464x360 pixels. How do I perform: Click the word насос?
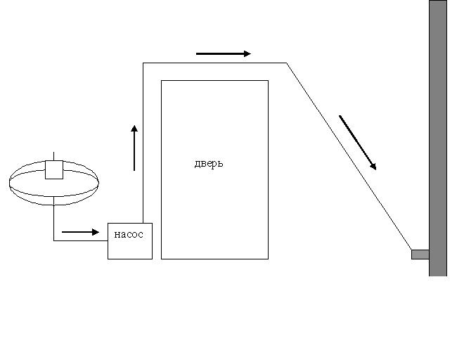point(129,234)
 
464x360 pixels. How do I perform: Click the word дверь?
point(209,163)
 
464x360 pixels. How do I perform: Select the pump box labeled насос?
point(130,241)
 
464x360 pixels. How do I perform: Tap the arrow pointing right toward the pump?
point(80,232)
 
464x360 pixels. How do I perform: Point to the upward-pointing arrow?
point(134,148)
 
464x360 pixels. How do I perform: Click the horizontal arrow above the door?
point(224,53)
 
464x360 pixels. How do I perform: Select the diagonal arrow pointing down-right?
point(357,143)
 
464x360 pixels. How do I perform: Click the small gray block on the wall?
point(420,255)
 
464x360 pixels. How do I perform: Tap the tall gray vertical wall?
point(438,138)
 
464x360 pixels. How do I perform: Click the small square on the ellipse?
point(54,169)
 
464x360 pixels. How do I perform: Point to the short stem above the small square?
point(53,156)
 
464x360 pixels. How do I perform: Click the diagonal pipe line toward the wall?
point(349,156)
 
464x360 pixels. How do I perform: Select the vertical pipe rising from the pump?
point(143,143)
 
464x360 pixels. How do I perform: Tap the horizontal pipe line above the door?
point(215,63)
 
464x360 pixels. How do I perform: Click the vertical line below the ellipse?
point(54,219)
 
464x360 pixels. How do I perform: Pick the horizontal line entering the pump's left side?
point(80,240)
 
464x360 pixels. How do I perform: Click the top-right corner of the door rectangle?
point(269,80)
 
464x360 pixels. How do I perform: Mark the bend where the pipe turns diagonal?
point(286,63)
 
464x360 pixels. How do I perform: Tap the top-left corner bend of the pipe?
point(143,63)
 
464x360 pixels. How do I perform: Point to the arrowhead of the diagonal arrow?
point(374,167)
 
